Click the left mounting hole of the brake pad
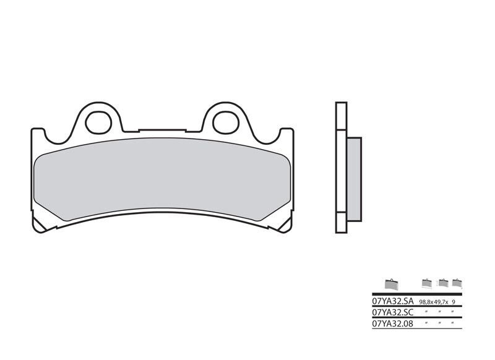click(x=97, y=122)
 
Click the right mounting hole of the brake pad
click(x=225, y=122)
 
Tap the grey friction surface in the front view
click(x=161, y=180)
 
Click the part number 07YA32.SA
click(x=393, y=301)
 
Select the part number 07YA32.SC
click(x=393, y=312)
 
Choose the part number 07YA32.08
click(x=393, y=324)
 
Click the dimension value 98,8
click(x=425, y=301)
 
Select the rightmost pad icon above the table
click(x=457, y=283)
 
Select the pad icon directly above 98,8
click(x=426, y=283)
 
